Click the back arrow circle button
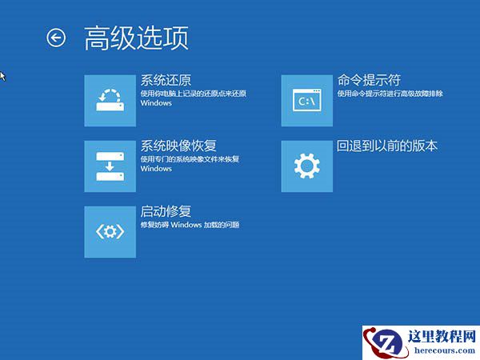[56, 38]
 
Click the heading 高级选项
[137, 38]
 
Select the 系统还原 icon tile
[110, 100]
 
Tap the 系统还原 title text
[166, 80]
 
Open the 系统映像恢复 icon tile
[110, 166]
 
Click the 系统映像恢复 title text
[178, 146]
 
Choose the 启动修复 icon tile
[110, 231]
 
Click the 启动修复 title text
[166, 212]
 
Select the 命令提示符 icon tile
[307, 100]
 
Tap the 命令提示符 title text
[369, 80]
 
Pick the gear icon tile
[307, 166]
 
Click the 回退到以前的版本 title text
[387, 146]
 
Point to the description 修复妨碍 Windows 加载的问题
[190, 226]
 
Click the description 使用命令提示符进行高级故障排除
[390, 94]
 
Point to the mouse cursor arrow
[2, 75]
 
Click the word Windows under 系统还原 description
[156, 104]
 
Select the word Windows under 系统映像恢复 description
[156, 170]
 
